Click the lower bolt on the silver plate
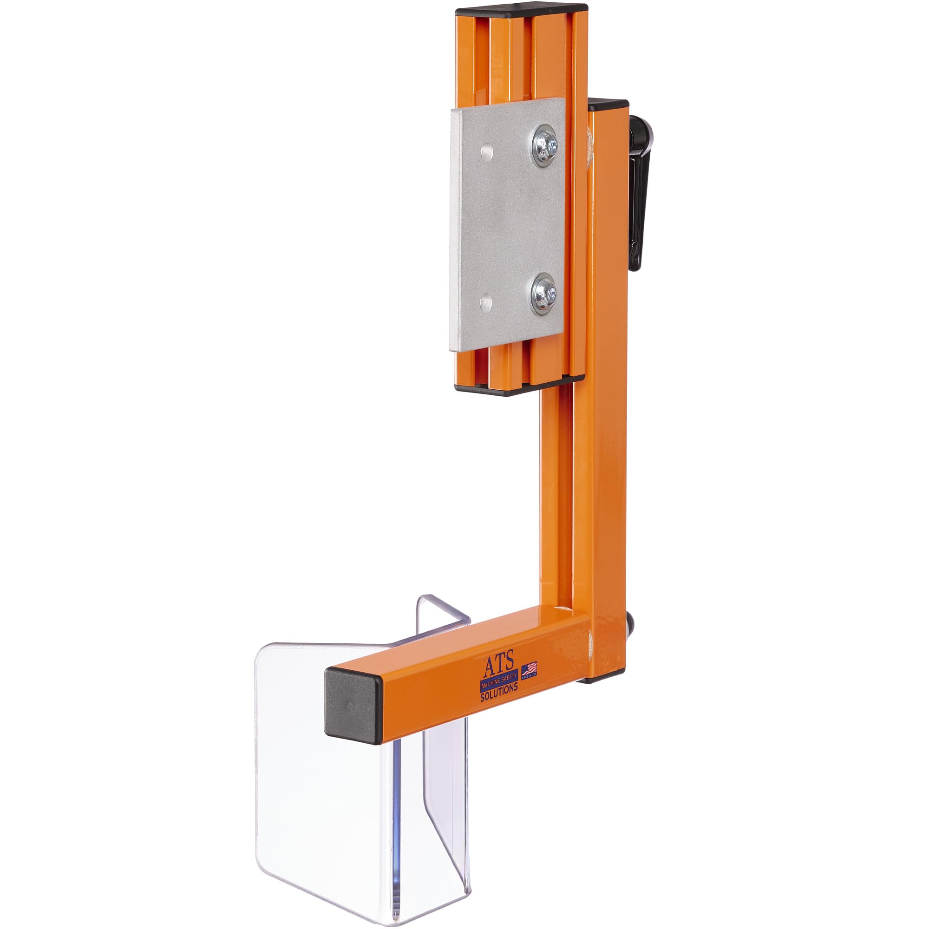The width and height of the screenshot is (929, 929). [545, 293]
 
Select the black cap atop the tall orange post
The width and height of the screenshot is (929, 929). [608, 105]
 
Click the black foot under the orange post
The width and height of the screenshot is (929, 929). [606, 679]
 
